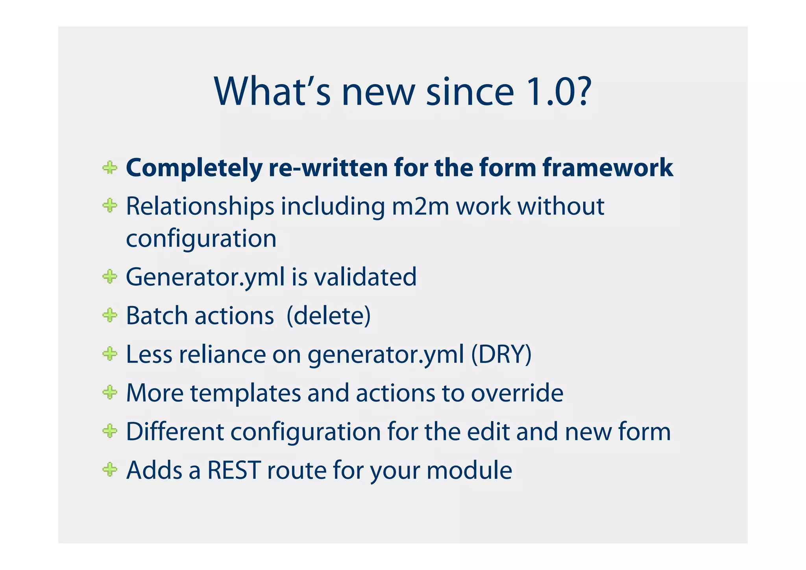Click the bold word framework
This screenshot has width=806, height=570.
(608, 168)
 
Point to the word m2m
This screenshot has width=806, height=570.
(420, 206)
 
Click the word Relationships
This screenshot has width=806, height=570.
(200, 206)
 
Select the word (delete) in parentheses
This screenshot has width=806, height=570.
(329, 316)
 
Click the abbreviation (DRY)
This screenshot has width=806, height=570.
(501, 354)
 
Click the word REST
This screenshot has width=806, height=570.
(234, 470)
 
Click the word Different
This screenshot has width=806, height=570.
(175, 431)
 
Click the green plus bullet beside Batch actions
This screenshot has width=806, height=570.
(110, 315)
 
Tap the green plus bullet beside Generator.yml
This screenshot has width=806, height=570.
(110, 276)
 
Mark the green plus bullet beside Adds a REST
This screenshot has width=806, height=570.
(110, 469)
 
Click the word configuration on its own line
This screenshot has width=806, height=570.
(201, 239)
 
